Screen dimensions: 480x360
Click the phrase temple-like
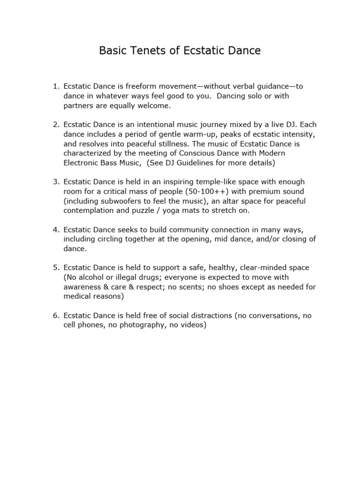[222, 182]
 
